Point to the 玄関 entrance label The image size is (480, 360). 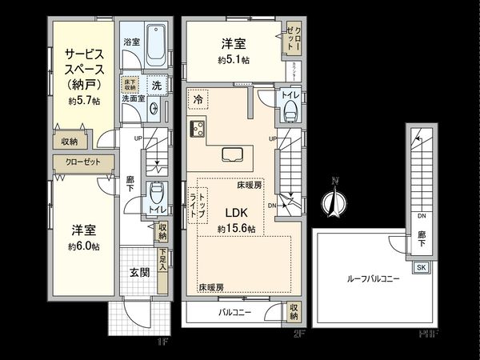(x=139, y=272)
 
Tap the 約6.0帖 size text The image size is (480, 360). (x=83, y=246)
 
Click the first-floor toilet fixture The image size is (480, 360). (x=157, y=193)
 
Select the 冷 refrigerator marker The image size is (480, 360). (x=198, y=100)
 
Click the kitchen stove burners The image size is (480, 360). (x=198, y=128)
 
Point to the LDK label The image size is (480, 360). (x=234, y=212)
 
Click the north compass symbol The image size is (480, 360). (x=333, y=204)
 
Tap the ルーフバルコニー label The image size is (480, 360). (x=371, y=281)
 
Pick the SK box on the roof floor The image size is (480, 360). (x=422, y=267)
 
